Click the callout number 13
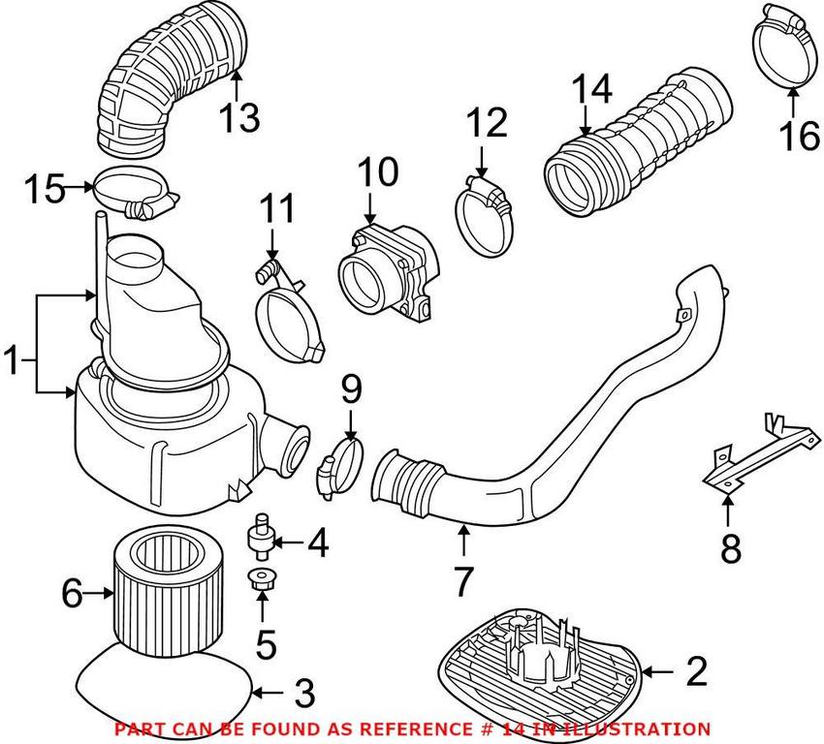pyautogui.click(x=238, y=119)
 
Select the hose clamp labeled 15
pyautogui.click(x=136, y=192)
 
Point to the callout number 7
pyautogui.click(x=462, y=580)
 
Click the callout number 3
pyautogui.click(x=303, y=694)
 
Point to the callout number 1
pyautogui.click(x=13, y=364)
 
